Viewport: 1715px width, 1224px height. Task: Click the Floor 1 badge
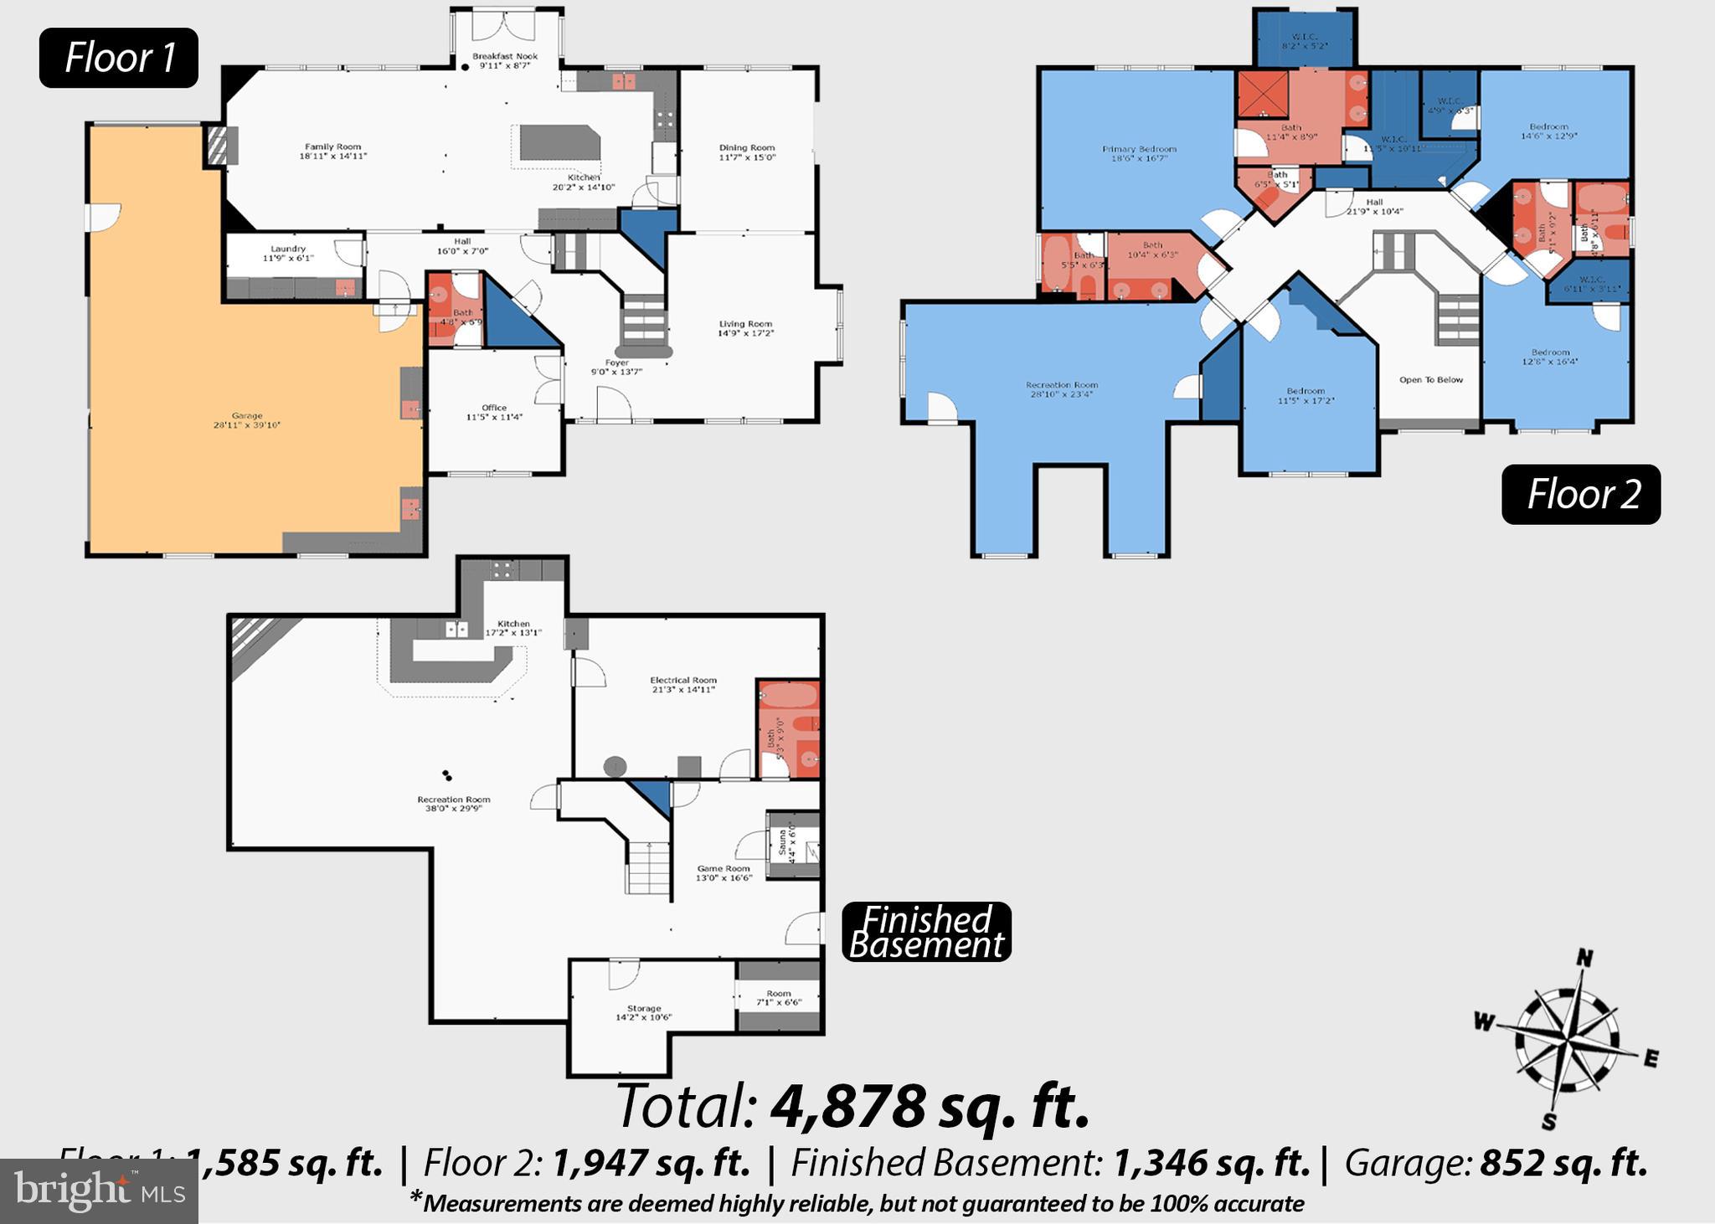click(x=119, y=58)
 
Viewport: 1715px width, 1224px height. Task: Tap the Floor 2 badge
click(x=1581, y=494)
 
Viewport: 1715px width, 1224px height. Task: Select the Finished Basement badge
click(x=926, y=932)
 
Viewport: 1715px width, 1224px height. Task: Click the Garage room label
click(x=247, y=420)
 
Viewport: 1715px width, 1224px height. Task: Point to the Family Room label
click(x=333, y=152)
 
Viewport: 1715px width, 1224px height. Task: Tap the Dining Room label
click(x=747, y=152)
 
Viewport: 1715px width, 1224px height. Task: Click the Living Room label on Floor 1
click(x=745, y=328)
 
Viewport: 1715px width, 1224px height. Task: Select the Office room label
click(x=494, y=412)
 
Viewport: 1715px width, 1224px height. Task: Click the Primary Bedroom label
click(x=1140, y=153)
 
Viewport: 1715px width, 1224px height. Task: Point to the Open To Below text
click(x=1431, y=380)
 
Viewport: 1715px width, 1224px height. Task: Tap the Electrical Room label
click(x=683, y=685)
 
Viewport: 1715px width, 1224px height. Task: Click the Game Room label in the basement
click(x=724, y=873)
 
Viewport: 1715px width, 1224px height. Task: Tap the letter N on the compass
click(x=1584, y=958)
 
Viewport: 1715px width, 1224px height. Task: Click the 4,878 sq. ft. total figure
click(x=930, y=1107)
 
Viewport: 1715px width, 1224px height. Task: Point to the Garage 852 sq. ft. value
click(x=1563, y=1164)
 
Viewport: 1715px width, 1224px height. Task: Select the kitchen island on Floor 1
click(x=559, y=143)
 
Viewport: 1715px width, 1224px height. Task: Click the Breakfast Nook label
click(x=504, y=60)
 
